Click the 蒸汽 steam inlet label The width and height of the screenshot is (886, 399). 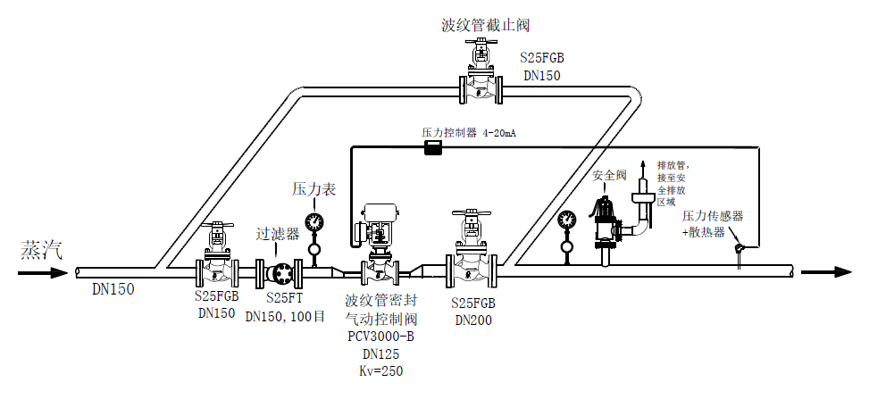[42, 250]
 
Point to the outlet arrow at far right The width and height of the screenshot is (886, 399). [825, 272]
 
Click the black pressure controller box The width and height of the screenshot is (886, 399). [433, 147]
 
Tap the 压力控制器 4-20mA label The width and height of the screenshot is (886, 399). [469, 132]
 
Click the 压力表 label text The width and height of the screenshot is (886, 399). [313, 189]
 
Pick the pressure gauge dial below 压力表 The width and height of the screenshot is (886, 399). [313, 221]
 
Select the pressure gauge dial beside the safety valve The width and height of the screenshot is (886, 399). [566, 220]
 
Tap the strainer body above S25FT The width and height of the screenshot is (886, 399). [282, 271]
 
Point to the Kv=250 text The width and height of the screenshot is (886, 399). [380, 370]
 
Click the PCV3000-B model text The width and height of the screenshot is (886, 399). [380, 337]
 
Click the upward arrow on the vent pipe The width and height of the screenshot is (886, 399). [640, 169]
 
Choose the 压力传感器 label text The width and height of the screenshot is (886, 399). [713, 217]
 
